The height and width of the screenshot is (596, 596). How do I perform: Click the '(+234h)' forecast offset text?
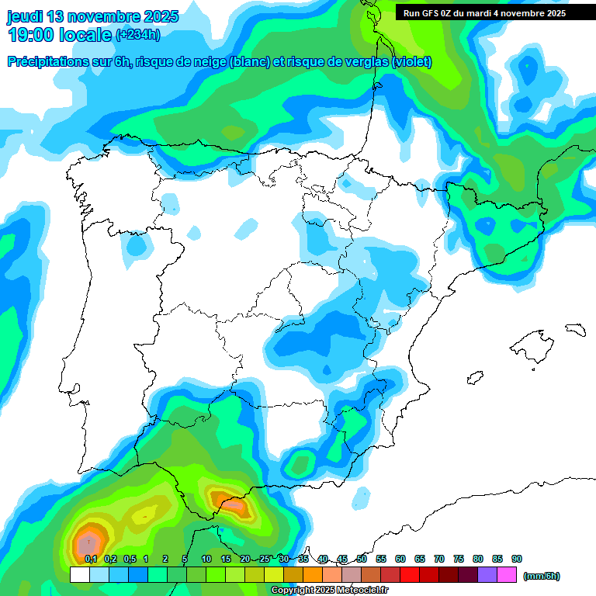(137, 35)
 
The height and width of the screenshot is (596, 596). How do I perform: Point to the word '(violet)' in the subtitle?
(412, 62)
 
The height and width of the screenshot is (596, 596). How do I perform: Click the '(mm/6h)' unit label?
(541, 576)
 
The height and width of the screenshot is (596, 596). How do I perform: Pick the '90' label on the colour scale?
(517, 559)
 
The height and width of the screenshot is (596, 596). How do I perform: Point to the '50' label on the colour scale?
(362, 559)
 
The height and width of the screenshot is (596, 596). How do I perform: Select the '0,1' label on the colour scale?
(91, 559)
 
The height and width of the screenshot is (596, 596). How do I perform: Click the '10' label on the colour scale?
(206, 559)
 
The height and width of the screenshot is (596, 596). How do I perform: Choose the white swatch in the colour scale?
(79, 575)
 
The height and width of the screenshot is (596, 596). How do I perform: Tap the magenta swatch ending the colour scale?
(507, 575)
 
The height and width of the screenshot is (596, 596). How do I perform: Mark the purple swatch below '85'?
(487, 575)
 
